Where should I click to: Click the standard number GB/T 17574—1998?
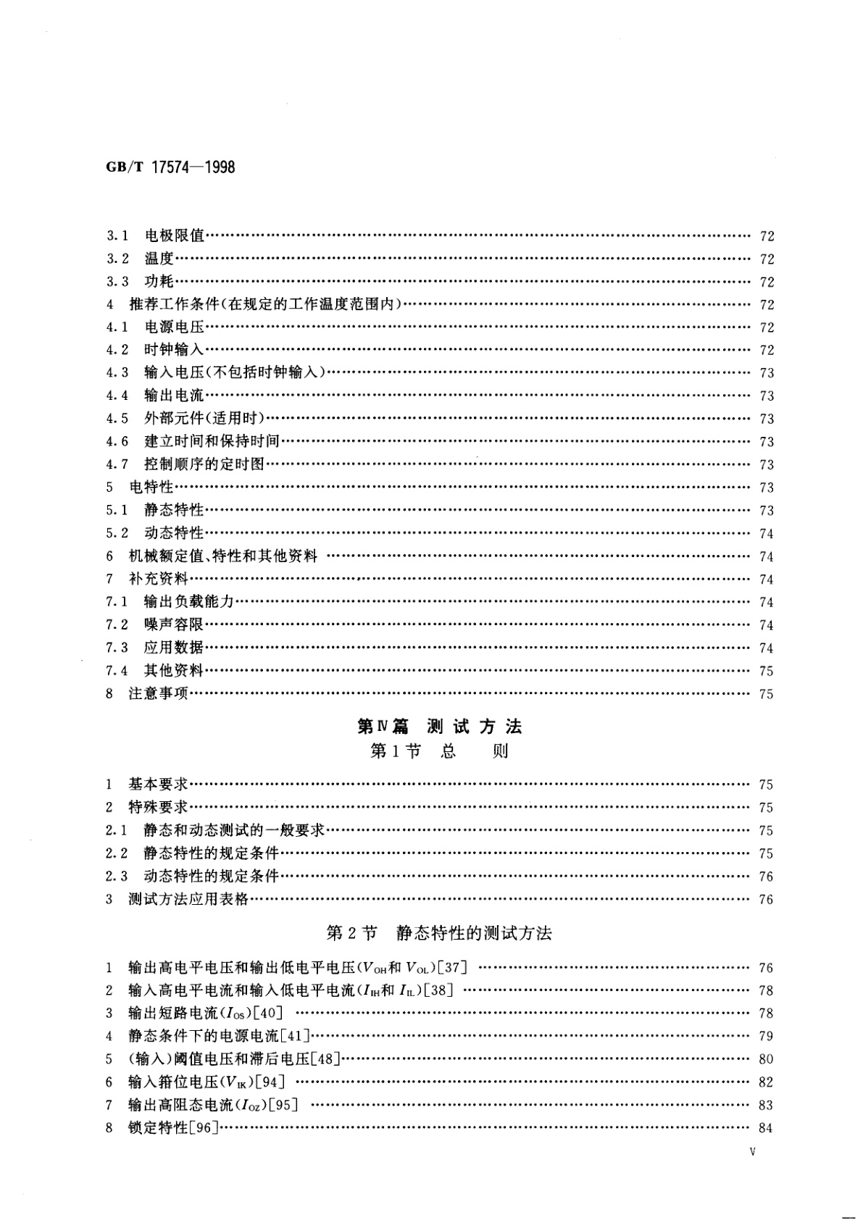tap(171, 167)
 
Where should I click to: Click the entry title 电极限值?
tap(175, 235)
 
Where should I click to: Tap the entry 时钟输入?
tap(174, 350)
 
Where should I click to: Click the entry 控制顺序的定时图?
tap(204, 464)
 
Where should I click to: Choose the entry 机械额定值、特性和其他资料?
tap(222, 556)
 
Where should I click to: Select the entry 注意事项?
tap(158, 693)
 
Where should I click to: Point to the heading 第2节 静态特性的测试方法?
tap(439, 933)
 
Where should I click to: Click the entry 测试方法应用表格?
tap(188, 899)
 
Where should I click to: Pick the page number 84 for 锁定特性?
tap(766, 1128)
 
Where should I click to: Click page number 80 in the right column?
tap(766, 1059)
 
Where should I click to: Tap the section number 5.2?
tap(117, 533)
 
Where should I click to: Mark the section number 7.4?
tap(117, 670)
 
